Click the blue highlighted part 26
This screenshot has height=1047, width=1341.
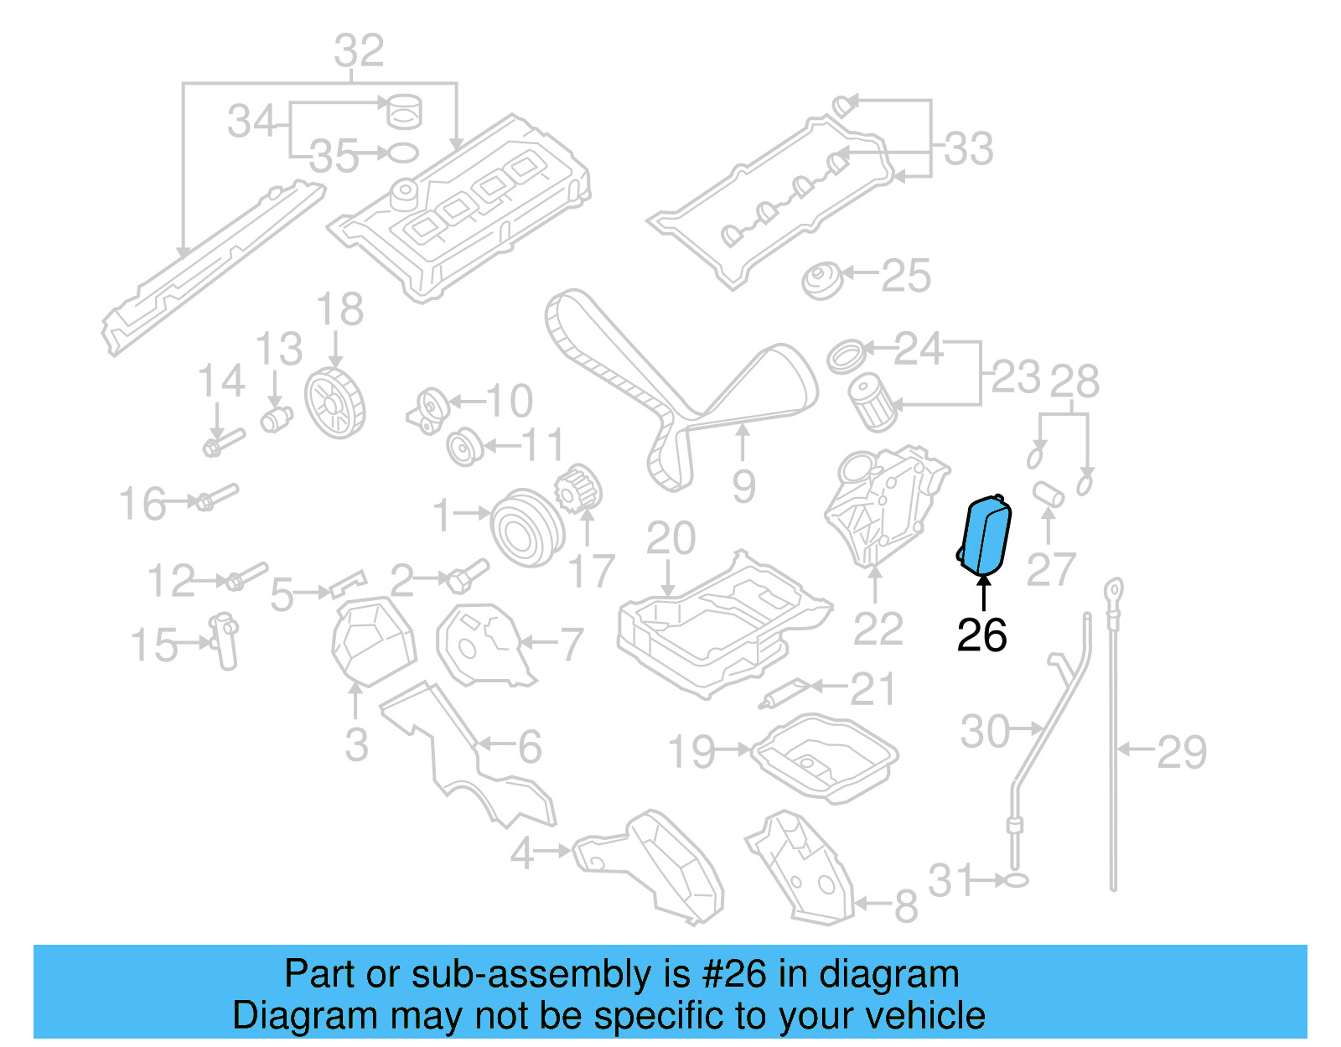coord(986,536)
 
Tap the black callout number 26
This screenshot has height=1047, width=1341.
coord(981,635)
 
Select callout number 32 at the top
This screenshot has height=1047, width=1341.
coord(359,51)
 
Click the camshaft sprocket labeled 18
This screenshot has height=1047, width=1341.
coord(334,403)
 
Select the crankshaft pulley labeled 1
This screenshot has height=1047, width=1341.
coord(526,527)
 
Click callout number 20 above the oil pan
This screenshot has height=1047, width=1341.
coord(670,538)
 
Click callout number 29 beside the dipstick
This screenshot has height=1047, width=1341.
coord(1182,751)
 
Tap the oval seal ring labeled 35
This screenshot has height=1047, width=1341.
coord(403,153)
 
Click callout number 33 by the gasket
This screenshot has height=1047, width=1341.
coord(969,149)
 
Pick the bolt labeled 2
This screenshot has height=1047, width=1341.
coord(463,576)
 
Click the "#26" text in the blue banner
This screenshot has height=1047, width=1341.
coord(734,974)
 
